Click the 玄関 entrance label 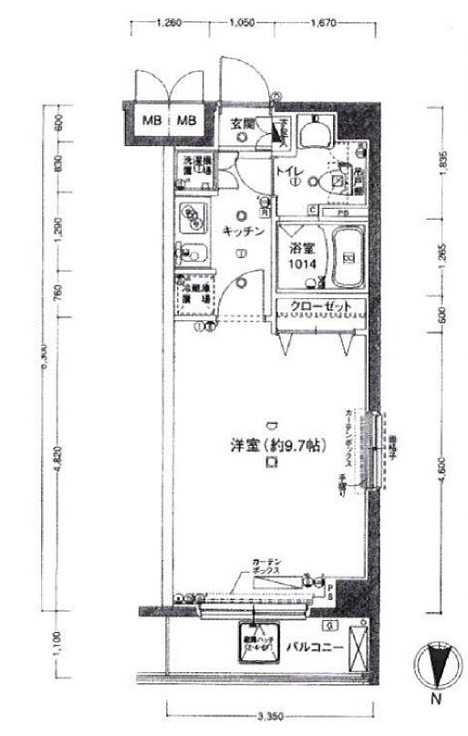click(x=241, y=124)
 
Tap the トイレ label click(x=290, y=170)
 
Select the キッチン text click(x=244, y=232)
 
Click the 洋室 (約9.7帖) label click(x=273, y=447)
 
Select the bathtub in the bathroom click(x=348, y=256)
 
